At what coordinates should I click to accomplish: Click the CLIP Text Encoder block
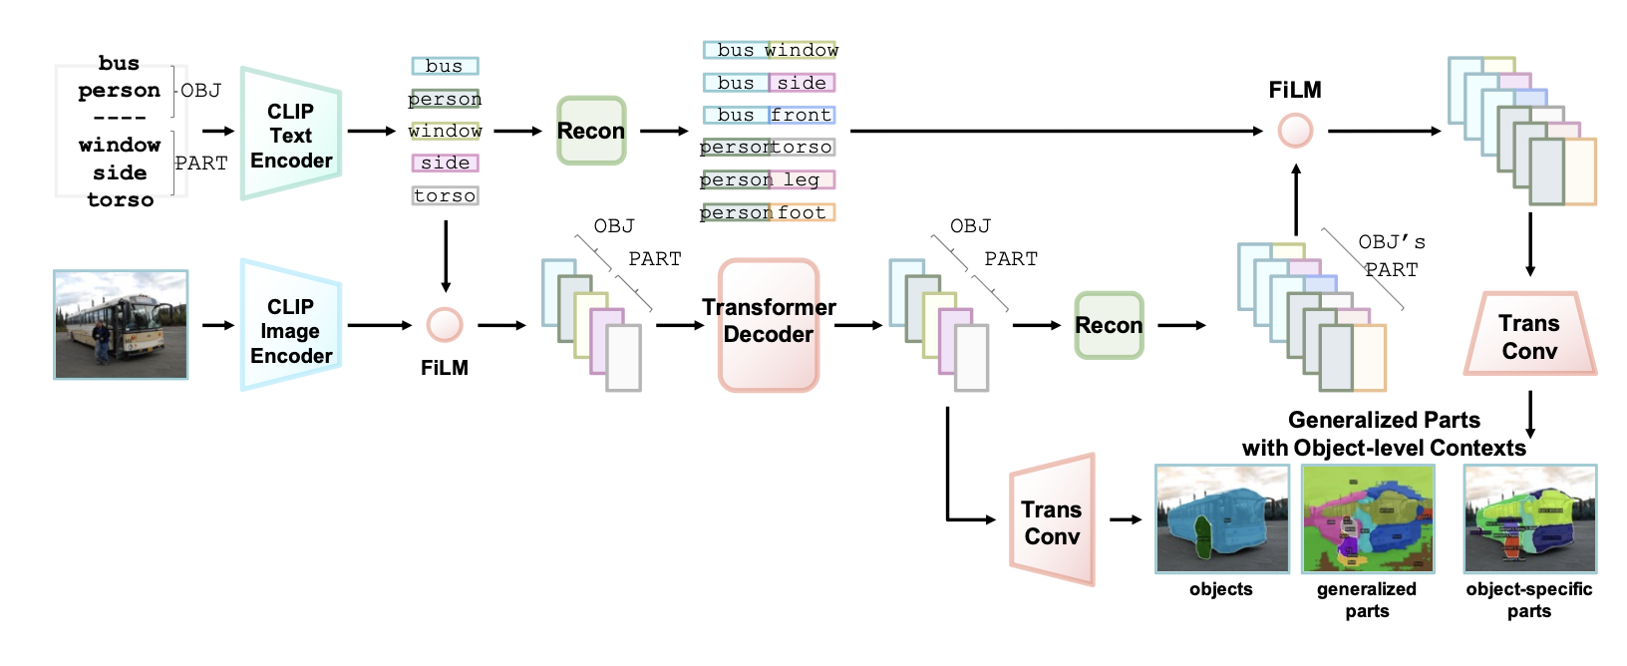(291, 135)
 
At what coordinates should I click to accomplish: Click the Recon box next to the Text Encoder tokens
(591, 131)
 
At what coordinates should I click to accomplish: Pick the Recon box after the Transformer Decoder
(1109, 325)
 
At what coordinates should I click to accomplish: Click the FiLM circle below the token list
(445, 325)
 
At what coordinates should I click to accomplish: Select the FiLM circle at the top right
(1295, 131)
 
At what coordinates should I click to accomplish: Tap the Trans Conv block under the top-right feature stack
(1529, 335)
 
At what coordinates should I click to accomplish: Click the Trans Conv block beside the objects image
(1052, 521)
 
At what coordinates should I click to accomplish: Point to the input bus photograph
(121, 324)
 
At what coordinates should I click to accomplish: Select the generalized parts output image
(1368, 518)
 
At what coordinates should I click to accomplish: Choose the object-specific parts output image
(1529, 518)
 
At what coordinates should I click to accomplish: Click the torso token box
(445, 195)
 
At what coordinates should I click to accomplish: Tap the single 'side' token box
(445, 163)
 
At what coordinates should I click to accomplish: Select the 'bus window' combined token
(771, 50)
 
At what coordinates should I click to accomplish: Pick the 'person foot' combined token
(767, 212)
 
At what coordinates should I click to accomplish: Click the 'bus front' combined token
(769, 115)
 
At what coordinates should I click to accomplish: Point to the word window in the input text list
(120, 146)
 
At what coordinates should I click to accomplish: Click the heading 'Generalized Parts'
(1384, 420)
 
